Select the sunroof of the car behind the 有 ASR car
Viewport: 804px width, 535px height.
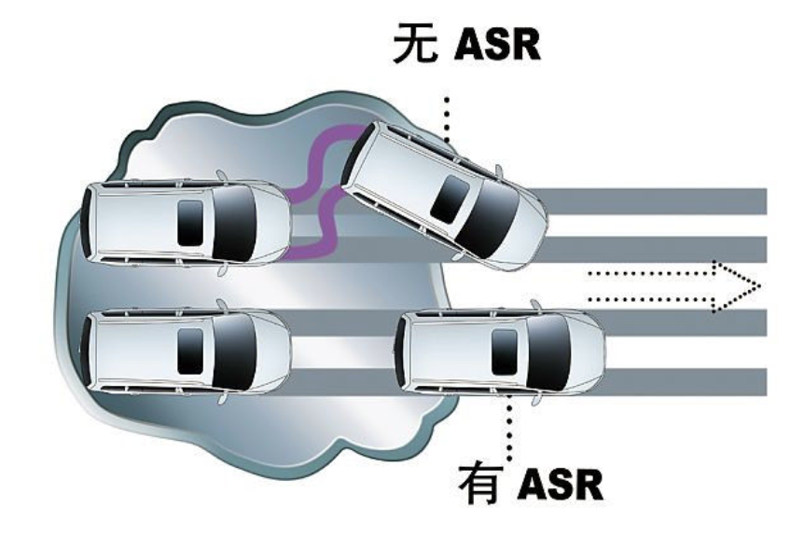click(189, 347)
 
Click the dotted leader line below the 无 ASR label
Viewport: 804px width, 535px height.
click(447, 117)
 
